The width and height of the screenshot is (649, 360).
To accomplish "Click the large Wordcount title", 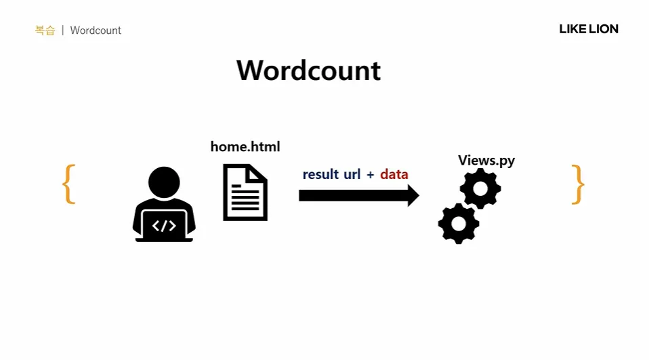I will [308, 71].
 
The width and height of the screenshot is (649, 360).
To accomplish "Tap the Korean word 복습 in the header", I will [45, 31].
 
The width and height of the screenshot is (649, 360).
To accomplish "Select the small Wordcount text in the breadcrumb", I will [96, 31].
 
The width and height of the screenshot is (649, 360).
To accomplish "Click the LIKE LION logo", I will [588, 29].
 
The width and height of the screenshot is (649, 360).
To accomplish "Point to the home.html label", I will [245, 146].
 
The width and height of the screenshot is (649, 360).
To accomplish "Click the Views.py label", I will [486, 160].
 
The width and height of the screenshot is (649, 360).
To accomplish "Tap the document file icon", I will [245, 193].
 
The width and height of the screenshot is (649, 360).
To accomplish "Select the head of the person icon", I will [164, 182].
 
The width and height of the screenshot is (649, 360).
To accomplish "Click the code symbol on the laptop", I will [164, 226].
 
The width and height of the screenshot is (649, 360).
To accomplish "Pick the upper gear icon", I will [480, 188].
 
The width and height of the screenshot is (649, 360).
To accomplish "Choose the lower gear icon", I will [459, 223].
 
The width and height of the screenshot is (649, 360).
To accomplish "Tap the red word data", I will [394, 174].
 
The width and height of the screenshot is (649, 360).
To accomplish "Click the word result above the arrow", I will [320, 174].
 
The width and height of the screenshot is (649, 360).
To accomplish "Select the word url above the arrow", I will [352, 174].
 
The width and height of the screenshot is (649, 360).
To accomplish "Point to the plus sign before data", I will [370, 175].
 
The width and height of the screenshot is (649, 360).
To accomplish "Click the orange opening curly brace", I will [68, 184].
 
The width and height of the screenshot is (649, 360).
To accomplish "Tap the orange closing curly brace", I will [577, 184].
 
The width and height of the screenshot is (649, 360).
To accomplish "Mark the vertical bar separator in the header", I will [62, 31].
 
